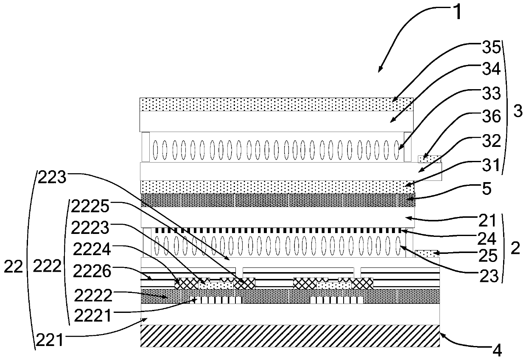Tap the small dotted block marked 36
click(x=429, y=159)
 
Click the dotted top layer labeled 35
click(x=276, y=104)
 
